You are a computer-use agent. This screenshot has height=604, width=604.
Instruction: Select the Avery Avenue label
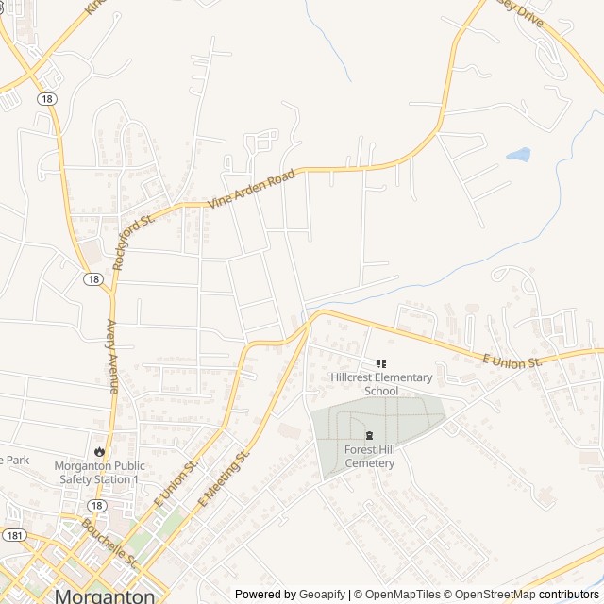click(110, 357)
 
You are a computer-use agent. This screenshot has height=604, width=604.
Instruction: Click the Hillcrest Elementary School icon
click(382, 363)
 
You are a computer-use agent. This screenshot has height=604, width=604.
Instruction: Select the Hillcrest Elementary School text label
click(381, 384)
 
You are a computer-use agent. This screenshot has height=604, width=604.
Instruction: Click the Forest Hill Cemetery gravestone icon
click(369, 435)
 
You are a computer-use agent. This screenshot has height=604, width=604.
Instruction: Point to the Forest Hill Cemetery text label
click(369, 457)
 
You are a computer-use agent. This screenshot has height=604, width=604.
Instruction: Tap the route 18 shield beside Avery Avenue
click(92, 278)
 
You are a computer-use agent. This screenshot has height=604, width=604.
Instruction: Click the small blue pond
click(518, 154)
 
